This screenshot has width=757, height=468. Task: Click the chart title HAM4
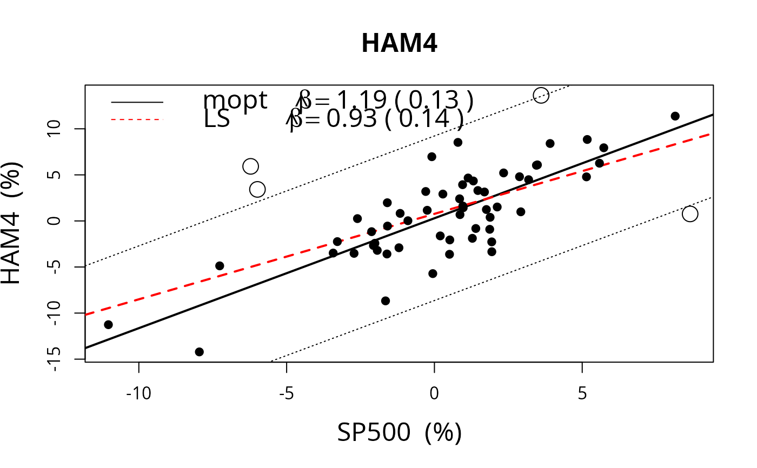point(399,44)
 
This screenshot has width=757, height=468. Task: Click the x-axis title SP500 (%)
point(399,432)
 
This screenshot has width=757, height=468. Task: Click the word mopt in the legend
point(235,100)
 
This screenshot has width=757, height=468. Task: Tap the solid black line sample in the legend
point(137,102)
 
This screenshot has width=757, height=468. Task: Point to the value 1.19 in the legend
point(361,100)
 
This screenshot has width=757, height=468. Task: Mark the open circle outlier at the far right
point(690,214)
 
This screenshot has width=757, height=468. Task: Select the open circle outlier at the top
point(541,96)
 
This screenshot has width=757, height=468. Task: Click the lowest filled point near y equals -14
point(199,352)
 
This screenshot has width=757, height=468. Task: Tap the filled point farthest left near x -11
point(108,325)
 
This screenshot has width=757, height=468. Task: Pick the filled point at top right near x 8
point(675,116)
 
